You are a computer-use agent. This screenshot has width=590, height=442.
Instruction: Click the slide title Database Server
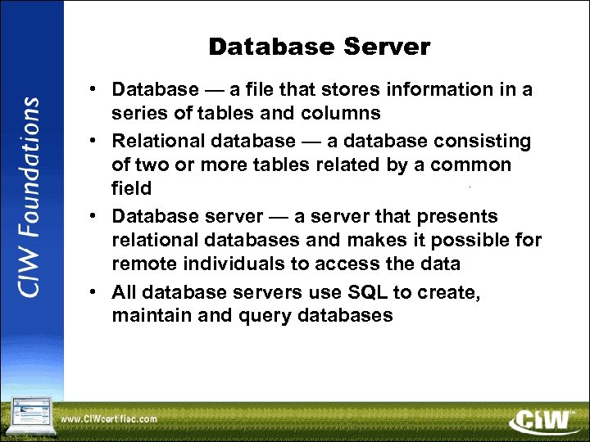[x=319, y=47]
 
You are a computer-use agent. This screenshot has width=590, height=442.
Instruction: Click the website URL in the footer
[x=110, y=420]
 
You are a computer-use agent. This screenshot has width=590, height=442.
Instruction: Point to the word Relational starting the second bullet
[x=157, y=142]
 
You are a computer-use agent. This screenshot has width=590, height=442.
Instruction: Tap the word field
[x=132, y=188]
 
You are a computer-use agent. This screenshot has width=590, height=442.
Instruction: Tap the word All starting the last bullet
[x=125, y=292]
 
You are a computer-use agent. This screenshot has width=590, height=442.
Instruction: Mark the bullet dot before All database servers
[x=95, y=292]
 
